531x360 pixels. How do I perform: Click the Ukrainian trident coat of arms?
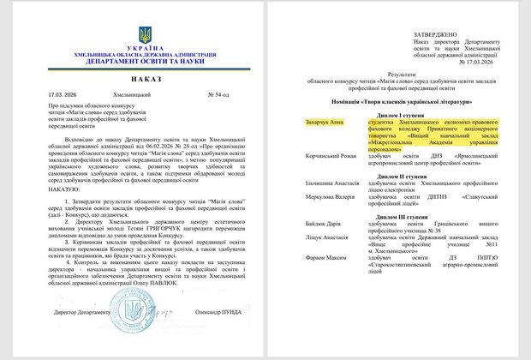point(145,36)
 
